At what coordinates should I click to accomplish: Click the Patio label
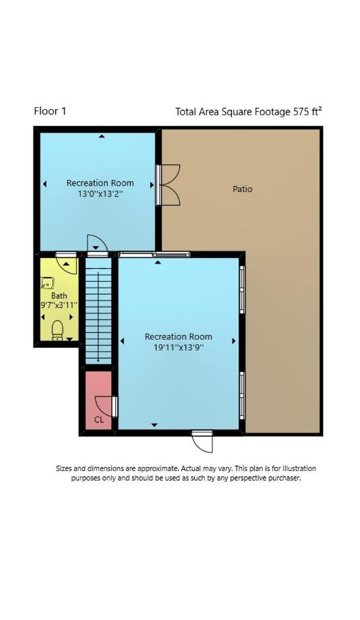pos(242,189)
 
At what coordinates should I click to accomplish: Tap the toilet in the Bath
pos(58,330)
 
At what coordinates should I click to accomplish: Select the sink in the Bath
pos(47,283)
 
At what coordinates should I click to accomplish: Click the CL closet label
pos(99,420)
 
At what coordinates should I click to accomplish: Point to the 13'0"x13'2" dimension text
pos(100,194)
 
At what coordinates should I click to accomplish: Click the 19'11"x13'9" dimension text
pos(178,348)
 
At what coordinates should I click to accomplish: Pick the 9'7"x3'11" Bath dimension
pos(59,305)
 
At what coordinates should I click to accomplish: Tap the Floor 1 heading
pos(51,111)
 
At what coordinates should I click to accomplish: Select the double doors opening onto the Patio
pos(169,185)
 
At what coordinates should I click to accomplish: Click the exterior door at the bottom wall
pos(203,441)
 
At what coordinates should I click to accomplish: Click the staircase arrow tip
pos(98,361)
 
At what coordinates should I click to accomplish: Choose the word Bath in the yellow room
pos(59,296)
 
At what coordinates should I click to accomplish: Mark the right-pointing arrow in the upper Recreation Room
pos(152,185)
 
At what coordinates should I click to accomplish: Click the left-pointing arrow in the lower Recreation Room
pos(122,341)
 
